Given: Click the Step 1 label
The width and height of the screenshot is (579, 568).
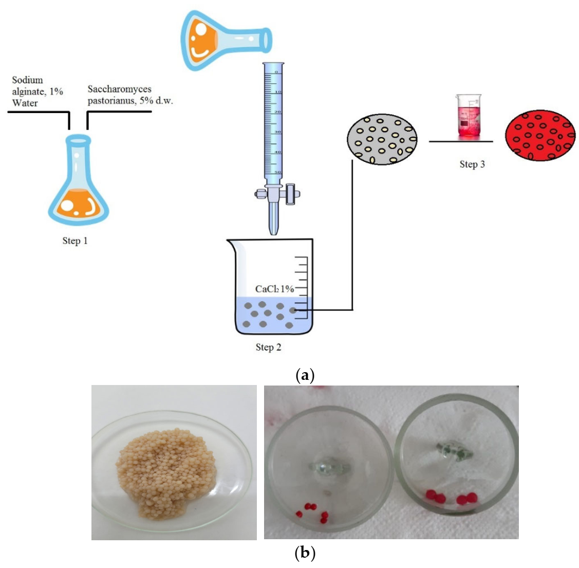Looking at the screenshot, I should point(75,241).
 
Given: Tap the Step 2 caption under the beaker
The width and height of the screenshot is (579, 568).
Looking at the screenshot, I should point(268,347).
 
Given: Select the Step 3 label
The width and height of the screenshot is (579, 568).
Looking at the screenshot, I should point(472,164).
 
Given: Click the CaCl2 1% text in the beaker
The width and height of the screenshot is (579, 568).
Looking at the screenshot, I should point(274,289).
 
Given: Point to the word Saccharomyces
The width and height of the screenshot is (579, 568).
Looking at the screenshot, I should point(119,89).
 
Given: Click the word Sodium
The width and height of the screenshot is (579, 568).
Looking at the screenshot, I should point(27,80).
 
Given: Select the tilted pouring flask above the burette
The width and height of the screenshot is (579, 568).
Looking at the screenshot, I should point(223,38).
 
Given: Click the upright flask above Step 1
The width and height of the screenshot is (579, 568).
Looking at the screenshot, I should point(79,182).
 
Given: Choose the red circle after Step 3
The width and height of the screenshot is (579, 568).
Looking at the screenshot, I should point(540,135).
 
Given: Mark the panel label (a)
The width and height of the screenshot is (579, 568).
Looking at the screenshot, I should point(305,375).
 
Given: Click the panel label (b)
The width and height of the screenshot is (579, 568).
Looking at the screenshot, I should point(305,553).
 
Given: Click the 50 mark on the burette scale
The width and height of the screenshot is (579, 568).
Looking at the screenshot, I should point(277,172).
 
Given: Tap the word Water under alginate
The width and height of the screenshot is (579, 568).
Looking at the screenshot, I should point(25,102).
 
